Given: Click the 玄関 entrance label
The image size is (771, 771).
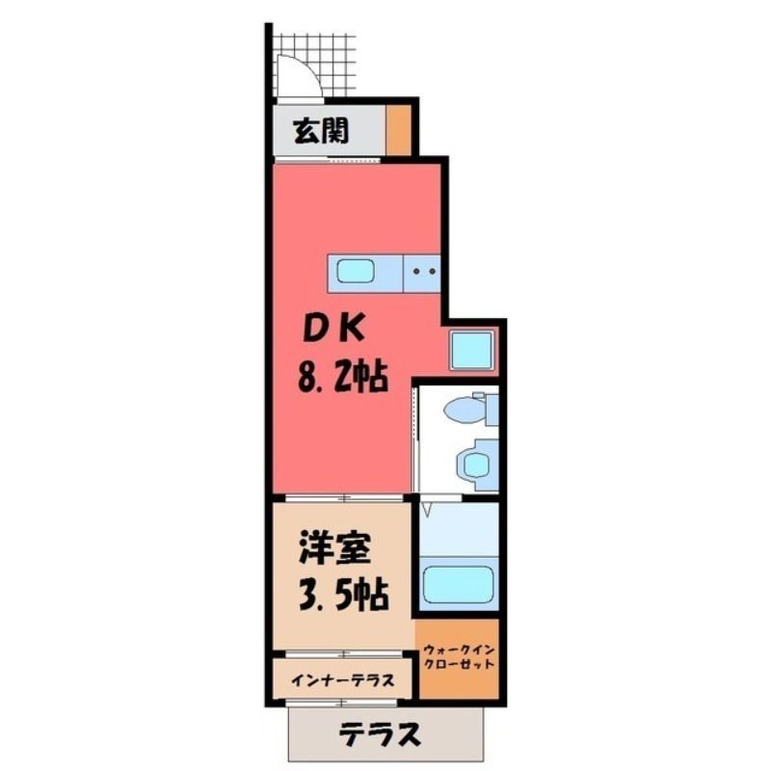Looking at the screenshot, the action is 321,131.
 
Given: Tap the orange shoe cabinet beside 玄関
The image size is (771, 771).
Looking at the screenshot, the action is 398,130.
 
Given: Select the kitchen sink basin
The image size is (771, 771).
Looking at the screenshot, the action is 355,271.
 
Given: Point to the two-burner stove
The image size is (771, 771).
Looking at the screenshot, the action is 421,273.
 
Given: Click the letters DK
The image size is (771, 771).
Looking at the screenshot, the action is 334,329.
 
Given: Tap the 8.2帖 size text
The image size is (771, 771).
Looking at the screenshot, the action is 343,376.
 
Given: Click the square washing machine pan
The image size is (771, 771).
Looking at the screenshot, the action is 471,350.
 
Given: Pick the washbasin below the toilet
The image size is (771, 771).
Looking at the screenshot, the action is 474,465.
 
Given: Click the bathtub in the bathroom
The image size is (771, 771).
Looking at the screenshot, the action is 459,585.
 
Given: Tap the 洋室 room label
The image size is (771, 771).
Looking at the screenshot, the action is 334,547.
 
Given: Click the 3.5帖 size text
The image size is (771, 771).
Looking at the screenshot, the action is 344,596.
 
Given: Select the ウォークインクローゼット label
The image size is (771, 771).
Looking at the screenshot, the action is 459,657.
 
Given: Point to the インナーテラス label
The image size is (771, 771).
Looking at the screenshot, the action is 343,681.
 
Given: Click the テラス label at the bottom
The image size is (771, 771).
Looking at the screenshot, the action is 380,734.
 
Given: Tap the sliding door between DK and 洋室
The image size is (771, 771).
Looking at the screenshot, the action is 344,497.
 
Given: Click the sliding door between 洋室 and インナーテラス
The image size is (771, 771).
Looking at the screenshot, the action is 344,654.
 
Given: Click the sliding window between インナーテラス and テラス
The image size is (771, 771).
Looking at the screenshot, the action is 343,704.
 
